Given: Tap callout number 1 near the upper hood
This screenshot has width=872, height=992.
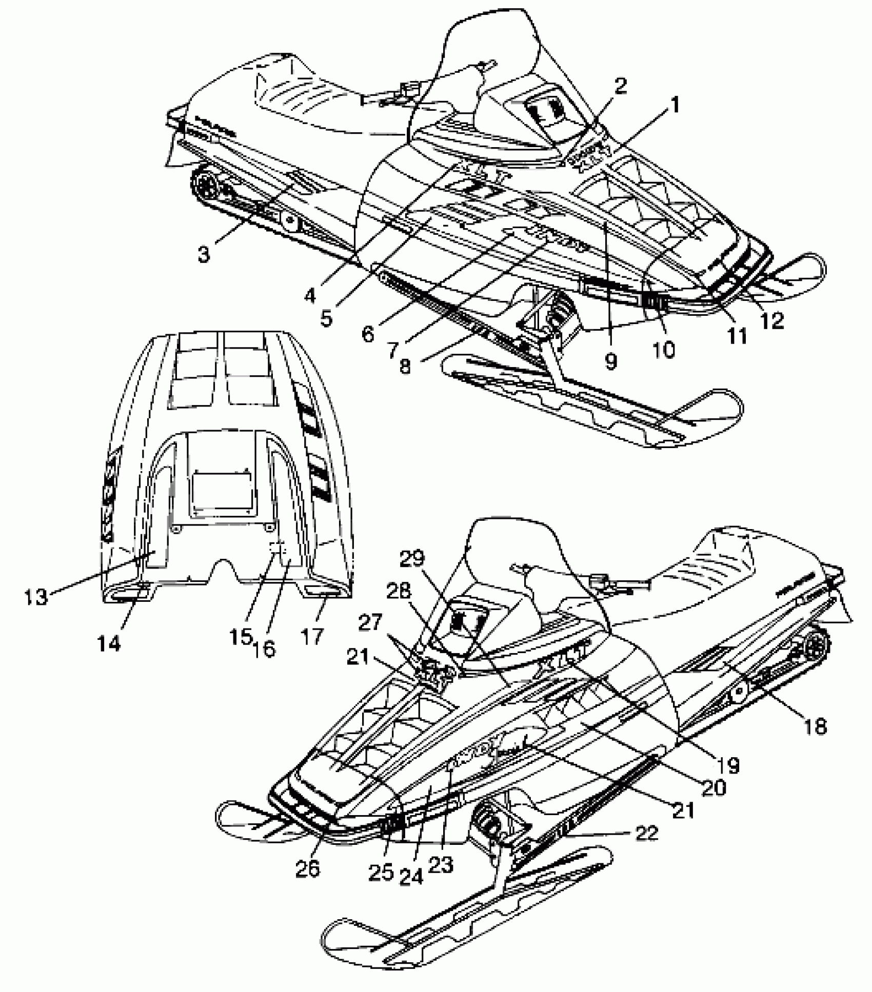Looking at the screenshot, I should [x=675, y=106].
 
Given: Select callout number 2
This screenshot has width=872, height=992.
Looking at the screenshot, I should [x=621, y=86].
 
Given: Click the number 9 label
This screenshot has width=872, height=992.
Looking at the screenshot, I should [x=610, y=361].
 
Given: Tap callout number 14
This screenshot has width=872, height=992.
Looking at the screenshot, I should [x=110, y=643].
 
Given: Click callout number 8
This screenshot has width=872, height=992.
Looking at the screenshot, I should [x=405, y=367].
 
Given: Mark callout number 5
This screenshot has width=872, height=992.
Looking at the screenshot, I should [x=326, y=318].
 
